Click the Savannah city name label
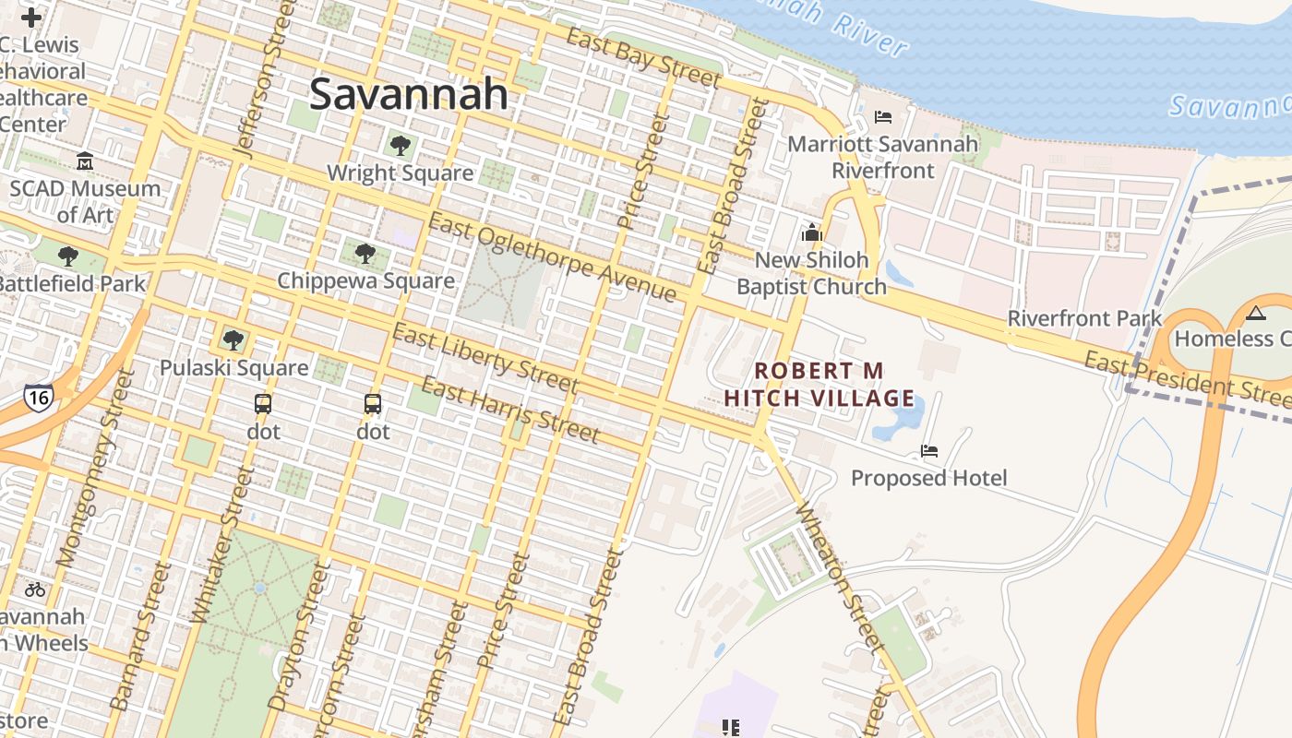[x=408, y=94]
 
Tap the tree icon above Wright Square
[x=400, y=145]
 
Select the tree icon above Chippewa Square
[x=365, y=253]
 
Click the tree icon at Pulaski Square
[x=233, y=339]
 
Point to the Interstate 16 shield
[x=39, y=397]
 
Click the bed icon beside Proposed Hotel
[x=929, y=451]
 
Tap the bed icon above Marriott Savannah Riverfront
[x=882, y=117]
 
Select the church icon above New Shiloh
[x=812, y=232]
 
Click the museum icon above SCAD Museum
[x=85, y=161]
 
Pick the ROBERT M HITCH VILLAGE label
[x=819, y=385]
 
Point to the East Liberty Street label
[x=485, y=359]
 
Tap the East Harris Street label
[x=509, y=410]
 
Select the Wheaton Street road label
[x=841, y=576]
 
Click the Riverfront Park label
[x=1084, y=319]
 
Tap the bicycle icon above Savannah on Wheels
[x=35, y=589]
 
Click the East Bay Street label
[x=642, y=57]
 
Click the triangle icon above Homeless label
[x=1255, y=313]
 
